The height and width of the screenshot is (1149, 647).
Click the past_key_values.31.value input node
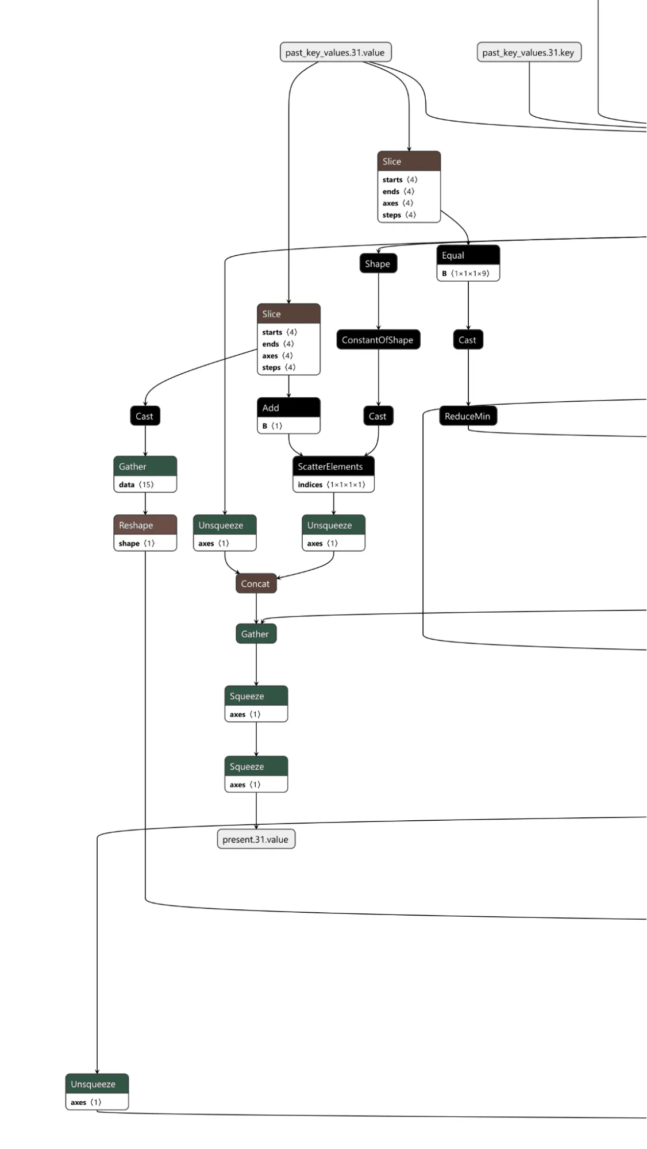pyautogui.click(x=335, y=52)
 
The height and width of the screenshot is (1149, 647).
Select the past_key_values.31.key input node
pyautogui.click(x=529, y=52)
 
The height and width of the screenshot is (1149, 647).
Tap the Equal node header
pyautogui.click(x=468, y=255)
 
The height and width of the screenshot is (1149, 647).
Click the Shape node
pyautogui.click(x=378, y=264)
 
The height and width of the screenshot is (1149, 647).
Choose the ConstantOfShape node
pyautogui.click(x=378, y=340)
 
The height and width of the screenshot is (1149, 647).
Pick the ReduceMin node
pyautogui.click(x=468, y=416)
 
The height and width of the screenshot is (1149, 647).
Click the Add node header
pyautogui.click(x=288, y=408)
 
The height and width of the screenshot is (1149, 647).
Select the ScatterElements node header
pyautogui.click(x=333, y=466)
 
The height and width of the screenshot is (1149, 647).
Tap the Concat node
pyautogui.click(x=256, y=583)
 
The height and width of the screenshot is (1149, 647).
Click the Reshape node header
pyautogui.click(x=145, y=525)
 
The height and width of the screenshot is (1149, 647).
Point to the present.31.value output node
pyautogui.click(x=256, y=839)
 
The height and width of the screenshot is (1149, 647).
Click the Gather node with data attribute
pyautogui.click(x=145, y=466)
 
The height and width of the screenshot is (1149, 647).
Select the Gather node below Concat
pyautogui.click(x=256, y=634)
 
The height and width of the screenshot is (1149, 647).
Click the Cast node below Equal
pyautogui.click(x=468, y=340)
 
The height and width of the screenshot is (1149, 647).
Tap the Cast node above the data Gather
pyautogui.click(x=145, y=416)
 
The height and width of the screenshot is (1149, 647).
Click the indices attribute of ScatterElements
pyautogui.click(x=332, y=485)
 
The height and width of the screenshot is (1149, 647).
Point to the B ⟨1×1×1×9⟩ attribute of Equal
pyautogui.click(x=466, y=274)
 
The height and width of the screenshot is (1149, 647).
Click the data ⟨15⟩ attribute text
pyautogui.click(x=136, y=485)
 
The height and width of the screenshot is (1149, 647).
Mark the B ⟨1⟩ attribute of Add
pyautogui.click(x=272, y=426)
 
